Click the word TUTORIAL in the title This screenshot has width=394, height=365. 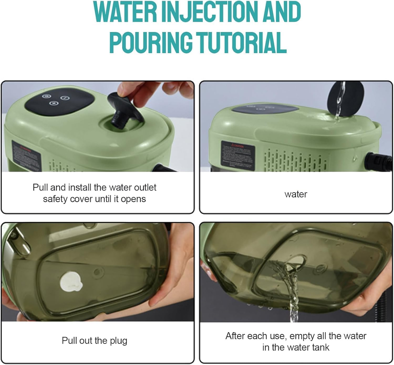click(x=242, y=42)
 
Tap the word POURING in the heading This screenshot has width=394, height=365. click(x=151, y=42)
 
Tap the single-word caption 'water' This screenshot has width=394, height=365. click(x=295, y=194)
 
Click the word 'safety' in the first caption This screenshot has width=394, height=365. click(x=55, y=199)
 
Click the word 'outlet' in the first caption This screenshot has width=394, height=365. click(x=145, y=188)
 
